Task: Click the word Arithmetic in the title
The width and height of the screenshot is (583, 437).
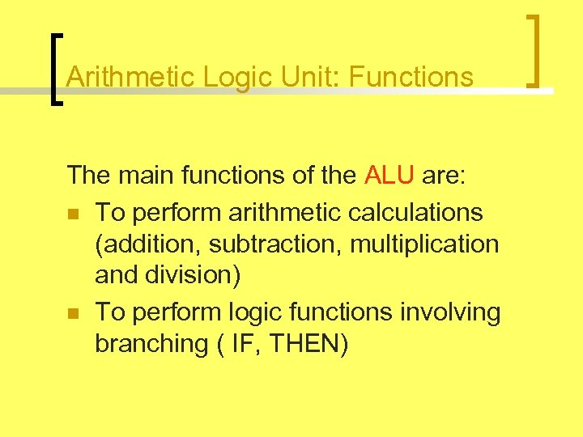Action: coord(132,77)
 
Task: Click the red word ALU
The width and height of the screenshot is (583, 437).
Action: coord(390,175)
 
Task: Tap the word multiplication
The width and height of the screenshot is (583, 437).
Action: coord(425,244)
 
